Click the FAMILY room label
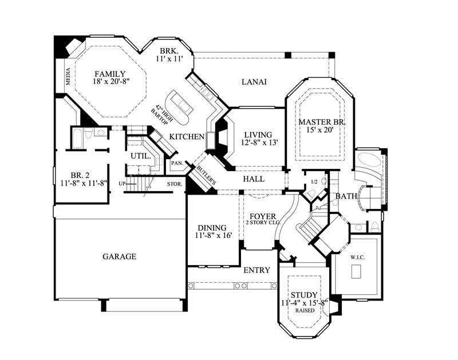(110, 74)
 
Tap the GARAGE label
(119, 256)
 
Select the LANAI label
(254, 82)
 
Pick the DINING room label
(212, 227)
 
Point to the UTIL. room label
(140, 156)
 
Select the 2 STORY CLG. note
(263, 224)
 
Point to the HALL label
(254, 179)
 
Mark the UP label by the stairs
(121, 183)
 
